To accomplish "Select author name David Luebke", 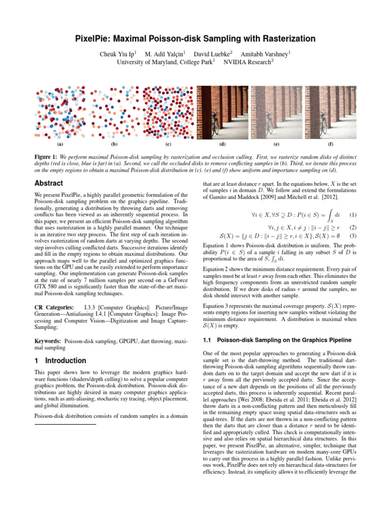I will tap(213, 53).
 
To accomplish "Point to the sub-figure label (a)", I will tap(60, 144).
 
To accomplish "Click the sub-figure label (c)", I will tap(168, 144).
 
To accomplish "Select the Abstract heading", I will tap(48, 183).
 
